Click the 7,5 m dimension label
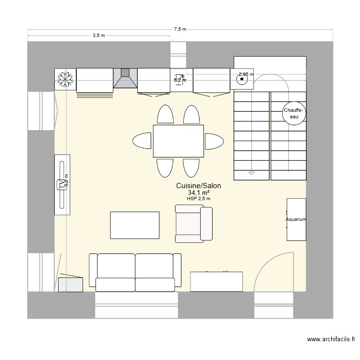tap(180, 29)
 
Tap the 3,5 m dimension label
tap(99, 36)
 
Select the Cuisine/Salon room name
tap(198, 186)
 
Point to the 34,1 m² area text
tap(198, 192)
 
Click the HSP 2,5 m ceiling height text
tap(198, 199)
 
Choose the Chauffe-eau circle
tap(294, 113)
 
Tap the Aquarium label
tap(296, 220)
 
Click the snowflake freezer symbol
tap(65, 79)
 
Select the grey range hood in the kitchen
tap(125, 79)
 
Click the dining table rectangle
tap(179, 141)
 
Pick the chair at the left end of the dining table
tap(143, 141)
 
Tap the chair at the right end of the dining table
tap(214, 141)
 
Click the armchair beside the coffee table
tap(193, 223)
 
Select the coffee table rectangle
tap(135, 225)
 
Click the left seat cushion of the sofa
tap(116, 272)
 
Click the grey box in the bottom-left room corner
tap(70, 284)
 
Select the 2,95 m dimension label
tap(245, 74)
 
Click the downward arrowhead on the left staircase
tap(251, 173)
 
